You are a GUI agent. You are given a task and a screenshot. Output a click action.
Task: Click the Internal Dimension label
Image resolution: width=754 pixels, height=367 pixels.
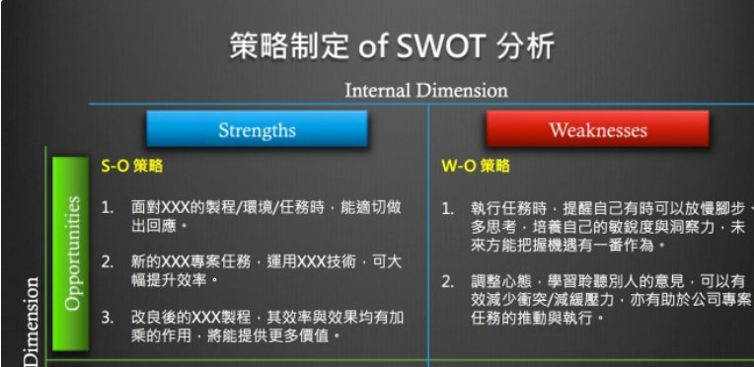(426, 90)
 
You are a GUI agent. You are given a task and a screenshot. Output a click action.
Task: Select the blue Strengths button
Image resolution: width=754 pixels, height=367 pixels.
(257, 129)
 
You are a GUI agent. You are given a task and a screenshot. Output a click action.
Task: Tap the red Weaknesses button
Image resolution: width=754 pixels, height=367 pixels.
(597, 129)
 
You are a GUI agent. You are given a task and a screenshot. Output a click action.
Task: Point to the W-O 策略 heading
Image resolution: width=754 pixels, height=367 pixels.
(475, 167)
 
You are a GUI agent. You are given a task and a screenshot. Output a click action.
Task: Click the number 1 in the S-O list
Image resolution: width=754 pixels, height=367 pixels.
(108, 207)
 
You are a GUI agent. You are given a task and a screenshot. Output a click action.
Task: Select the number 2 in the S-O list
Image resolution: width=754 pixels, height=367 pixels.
(108, 262)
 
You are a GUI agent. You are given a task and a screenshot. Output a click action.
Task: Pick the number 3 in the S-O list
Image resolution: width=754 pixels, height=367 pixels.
(108, 318)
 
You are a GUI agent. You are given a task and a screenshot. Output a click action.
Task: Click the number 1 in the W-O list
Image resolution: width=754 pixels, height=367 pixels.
(447, 208)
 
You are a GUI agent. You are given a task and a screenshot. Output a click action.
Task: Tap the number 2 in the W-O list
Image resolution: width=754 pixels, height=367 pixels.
(447, 281)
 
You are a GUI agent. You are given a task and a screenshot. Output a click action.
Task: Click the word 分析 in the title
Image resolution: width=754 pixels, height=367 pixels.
(523, 46)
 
